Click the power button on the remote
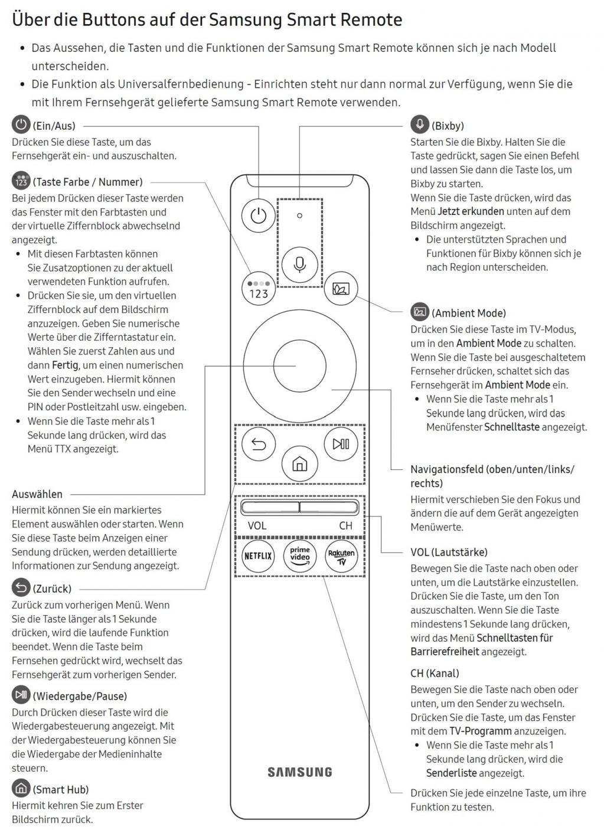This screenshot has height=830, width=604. click(258, 215)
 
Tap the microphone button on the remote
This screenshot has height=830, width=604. click(299, 263)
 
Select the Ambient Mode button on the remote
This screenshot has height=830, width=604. click(341, 289)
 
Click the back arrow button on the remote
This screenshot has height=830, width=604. click(259, 444)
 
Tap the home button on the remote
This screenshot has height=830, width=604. click(300, 464)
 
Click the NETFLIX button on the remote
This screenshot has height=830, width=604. click(258, 555)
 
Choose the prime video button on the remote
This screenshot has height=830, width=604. click(300, 555)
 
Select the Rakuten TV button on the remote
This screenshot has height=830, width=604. click(341, 555)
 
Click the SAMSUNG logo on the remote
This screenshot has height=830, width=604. click(300, 772)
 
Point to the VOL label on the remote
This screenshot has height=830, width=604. click(257, 525)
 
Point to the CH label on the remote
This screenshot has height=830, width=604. click(345, 525)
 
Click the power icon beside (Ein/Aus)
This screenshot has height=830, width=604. click(21, 125)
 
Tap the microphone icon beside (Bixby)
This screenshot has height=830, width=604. click(420, 125)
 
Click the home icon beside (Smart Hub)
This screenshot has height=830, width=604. click(21, 788)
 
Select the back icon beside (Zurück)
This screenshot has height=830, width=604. click(21, 587)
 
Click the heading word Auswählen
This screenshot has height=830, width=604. click(37, 494)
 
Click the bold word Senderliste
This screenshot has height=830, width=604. click(451, 773)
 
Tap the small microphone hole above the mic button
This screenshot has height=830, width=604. click(299, 215)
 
